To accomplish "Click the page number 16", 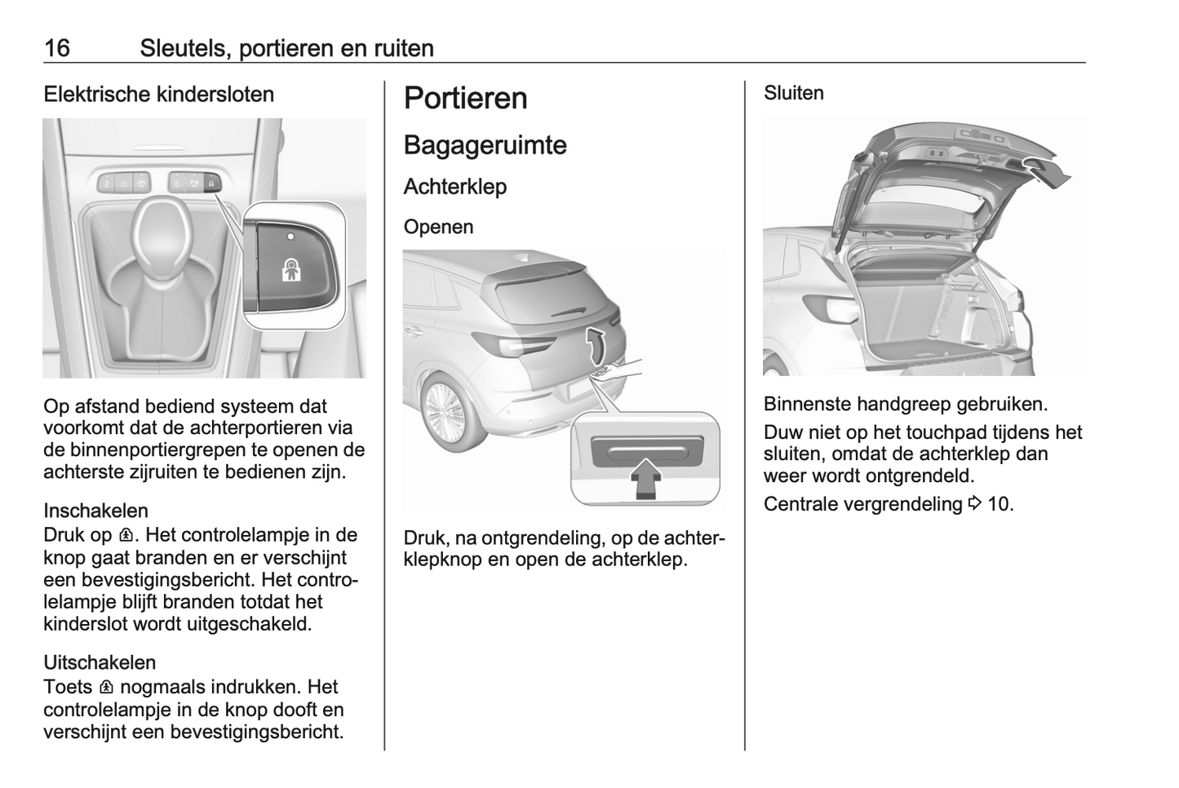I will pos(57,48).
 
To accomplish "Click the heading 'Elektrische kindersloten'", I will pos(158,95).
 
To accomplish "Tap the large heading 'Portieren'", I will pos(465,98).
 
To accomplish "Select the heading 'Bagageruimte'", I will pos(485,145).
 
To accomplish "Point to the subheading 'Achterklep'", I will pos(454,187).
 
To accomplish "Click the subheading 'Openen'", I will pos(438,227).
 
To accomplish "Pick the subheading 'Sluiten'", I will pos(793,94).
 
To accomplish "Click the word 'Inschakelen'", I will pos(95,511).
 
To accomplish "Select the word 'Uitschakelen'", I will pos(100,662).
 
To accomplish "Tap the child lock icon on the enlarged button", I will pos(291,271).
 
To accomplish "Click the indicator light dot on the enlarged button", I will pos(290,235).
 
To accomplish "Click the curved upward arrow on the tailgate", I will pos(599,346).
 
